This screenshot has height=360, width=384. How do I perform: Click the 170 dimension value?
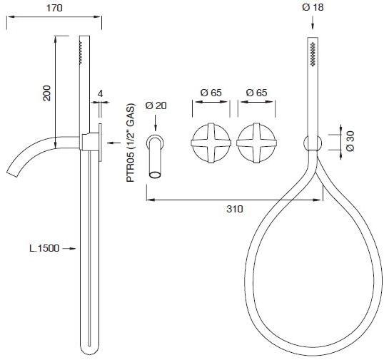[54, 8]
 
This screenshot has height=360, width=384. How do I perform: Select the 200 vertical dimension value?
[46, 93]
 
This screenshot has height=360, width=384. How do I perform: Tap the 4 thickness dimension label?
[100, 93]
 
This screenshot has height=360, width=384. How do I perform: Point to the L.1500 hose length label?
[44, 248]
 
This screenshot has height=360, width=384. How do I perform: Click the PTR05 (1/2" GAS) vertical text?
[131, 143]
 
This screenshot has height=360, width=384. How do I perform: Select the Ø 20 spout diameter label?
[156, 106]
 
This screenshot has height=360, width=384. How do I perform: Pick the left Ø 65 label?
[211, 93]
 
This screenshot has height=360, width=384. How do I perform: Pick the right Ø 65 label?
[256, 93]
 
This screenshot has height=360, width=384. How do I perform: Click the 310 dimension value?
[235, 209]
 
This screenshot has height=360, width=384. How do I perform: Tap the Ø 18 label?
[313, 7]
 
